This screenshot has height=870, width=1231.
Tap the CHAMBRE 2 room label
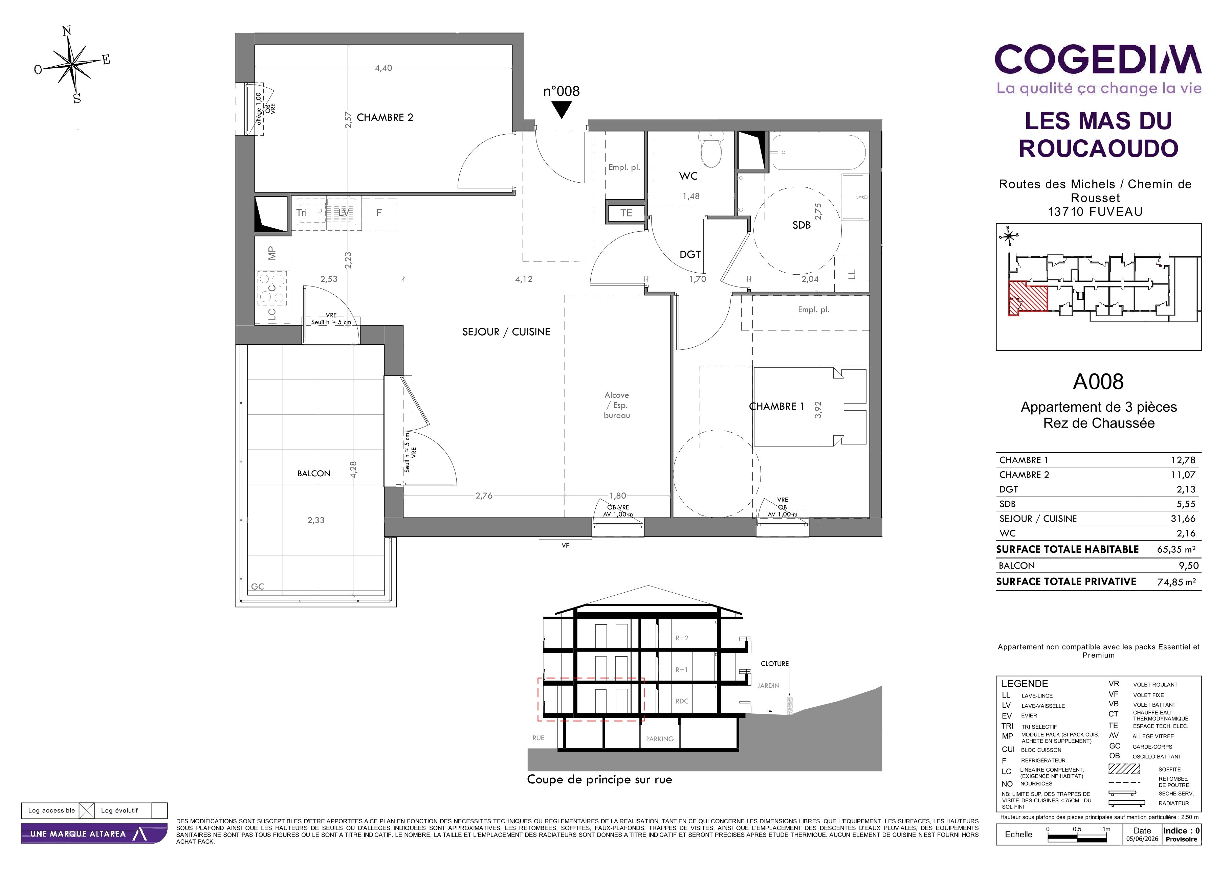[385, 117]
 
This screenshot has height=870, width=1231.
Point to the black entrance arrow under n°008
[562, 110]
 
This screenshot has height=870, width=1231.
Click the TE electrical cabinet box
[626, 213]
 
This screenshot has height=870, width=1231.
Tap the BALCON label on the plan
[314, 474]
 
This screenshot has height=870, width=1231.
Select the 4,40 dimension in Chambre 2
[383, 68]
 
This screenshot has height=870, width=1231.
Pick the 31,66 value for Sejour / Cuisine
[1183, 519]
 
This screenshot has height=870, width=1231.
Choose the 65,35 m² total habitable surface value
[1176, 549]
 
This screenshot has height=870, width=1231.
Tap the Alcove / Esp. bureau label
[617, 405]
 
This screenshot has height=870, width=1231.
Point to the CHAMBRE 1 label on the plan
[776, 407]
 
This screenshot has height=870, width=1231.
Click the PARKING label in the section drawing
[659, 739]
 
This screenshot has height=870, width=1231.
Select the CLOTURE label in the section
[775, 664]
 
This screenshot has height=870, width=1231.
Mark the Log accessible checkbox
[86, 810]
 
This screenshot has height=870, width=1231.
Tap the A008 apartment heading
[1098, 382]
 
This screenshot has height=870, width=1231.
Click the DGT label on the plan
[690, 254]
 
